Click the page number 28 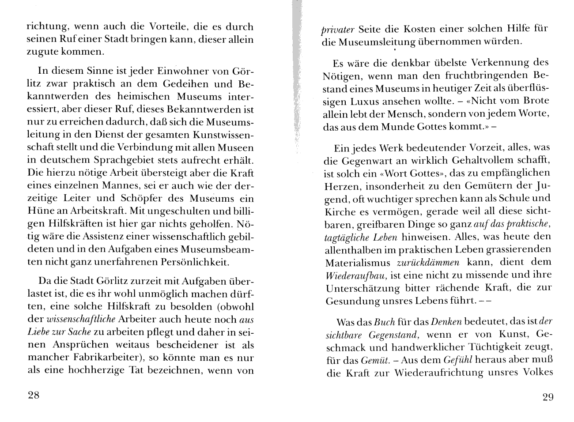[x=34, y=395]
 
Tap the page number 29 [x=547, y=397]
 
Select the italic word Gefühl [x=458, y=360]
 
